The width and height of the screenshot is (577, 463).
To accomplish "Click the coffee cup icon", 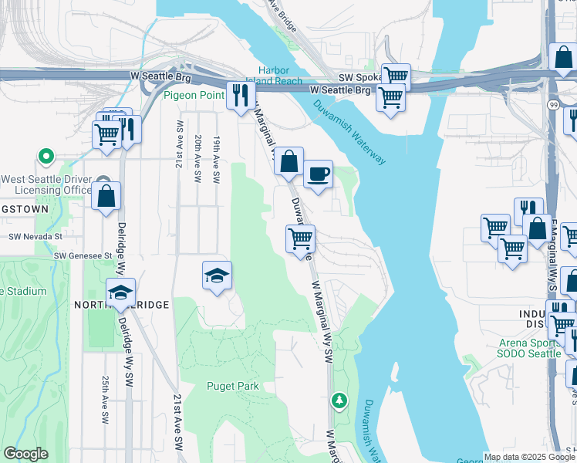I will click(x=317, y=174).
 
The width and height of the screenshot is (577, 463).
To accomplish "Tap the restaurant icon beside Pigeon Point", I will click(x=241, y=95).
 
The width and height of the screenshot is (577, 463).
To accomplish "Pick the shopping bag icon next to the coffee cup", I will click(x=288, y=162).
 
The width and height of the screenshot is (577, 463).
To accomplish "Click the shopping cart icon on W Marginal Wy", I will click(x=299, y=238).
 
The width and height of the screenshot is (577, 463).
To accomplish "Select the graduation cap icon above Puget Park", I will click(x=218, y=275).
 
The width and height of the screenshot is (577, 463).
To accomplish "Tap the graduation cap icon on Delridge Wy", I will click(x=120, y=292).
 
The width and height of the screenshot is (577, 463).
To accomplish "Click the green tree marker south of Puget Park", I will click(x=338, y=400).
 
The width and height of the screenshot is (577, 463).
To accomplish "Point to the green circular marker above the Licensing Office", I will click(x=46, y=157).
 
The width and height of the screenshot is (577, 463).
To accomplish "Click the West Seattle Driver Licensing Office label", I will click(x=46, y=184).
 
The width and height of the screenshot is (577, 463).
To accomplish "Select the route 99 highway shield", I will click(x=553, y=104).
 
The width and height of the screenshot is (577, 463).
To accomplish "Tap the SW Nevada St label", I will click(x=35, y=238).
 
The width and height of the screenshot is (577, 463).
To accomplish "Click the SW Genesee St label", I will click(x=83, y=255).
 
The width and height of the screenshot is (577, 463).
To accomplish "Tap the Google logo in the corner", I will click(x=25, y=454).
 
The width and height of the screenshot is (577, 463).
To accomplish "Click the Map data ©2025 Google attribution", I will click(x=529, y=457).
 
